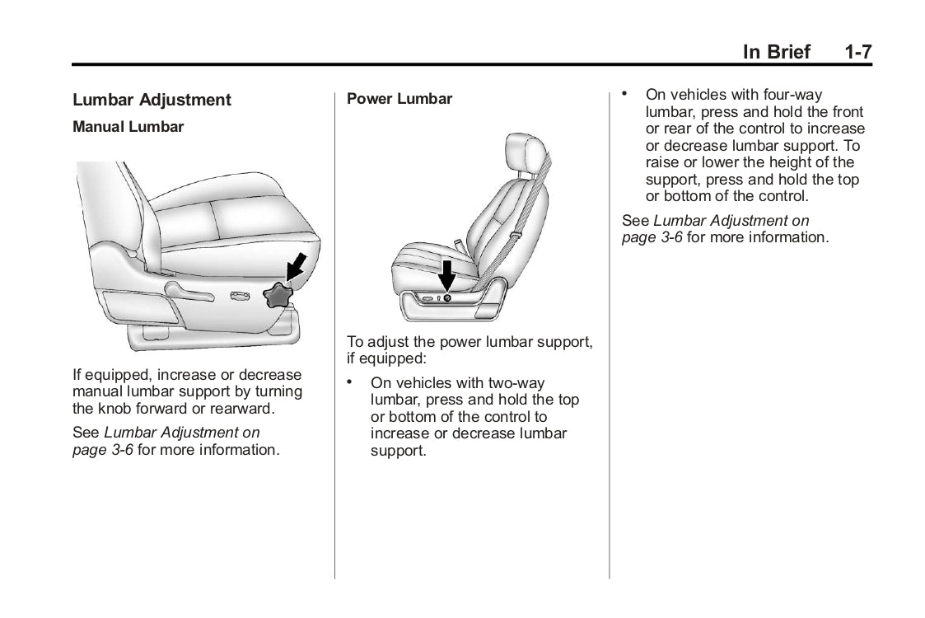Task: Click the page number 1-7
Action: coord(857,52)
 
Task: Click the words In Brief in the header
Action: coord(776,52)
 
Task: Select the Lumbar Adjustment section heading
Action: coord(152,100)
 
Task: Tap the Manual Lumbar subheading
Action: coord(128,127)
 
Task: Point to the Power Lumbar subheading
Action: coord(399,99)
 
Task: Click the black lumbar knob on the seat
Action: coord(278,294)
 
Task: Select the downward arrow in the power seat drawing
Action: coord(446,274)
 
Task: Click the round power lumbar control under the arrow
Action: coord(446,297)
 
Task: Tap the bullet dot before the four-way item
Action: coord(624,93)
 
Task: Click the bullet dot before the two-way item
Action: coord(350,382)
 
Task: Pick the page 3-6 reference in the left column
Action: coord(103,450)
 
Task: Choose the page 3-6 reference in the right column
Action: coord(652,237)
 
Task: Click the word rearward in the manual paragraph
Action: coord(245,409)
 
